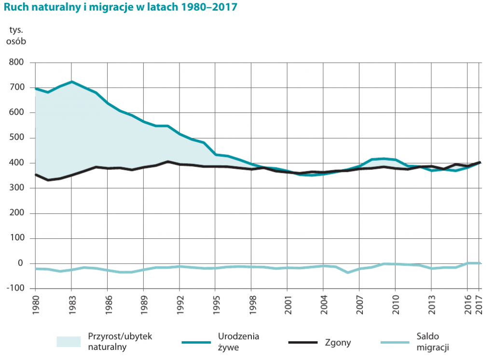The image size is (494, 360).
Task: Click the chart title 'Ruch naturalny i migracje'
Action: [120, 9]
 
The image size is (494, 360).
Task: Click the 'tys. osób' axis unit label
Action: [16, 35]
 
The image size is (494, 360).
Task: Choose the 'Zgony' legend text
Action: [338, 343]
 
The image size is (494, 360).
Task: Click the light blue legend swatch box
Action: [69, 342]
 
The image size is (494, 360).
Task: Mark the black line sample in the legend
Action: [303, 343]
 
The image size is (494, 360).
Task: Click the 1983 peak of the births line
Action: [71, 82]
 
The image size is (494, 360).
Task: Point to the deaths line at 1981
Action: [47, 180]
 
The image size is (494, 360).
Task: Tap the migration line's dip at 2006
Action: [347, 273]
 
